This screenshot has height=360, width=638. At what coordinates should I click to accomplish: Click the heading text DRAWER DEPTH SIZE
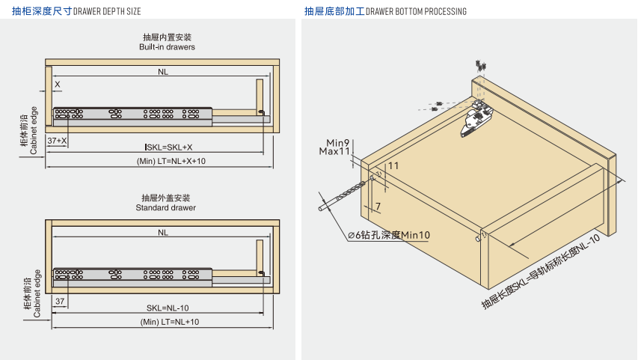pos(107,12)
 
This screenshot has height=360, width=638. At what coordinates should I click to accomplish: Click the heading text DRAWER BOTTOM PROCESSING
pos(416,12)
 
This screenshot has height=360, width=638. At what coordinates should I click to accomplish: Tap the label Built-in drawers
pos(166,47)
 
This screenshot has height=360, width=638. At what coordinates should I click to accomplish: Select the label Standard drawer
pos(166,207)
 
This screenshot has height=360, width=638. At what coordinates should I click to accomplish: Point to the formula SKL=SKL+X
pos(169,147)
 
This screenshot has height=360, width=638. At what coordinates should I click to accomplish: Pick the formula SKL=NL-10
pos(168,308)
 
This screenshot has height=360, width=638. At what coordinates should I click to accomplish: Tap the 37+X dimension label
pos(57,141)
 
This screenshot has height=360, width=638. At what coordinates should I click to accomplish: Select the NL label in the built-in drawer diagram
pos(163,72)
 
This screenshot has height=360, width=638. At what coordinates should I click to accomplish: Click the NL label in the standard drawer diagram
pos(163,233)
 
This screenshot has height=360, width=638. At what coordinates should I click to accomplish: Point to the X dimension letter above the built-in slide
pos(57,85)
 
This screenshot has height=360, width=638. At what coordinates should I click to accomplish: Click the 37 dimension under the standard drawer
pos(60,301)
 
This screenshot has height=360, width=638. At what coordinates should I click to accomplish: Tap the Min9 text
pos(339,142)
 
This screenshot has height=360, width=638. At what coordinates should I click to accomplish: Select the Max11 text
pos(335,151)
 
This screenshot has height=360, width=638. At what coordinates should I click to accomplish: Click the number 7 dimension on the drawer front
pos(378,206)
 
